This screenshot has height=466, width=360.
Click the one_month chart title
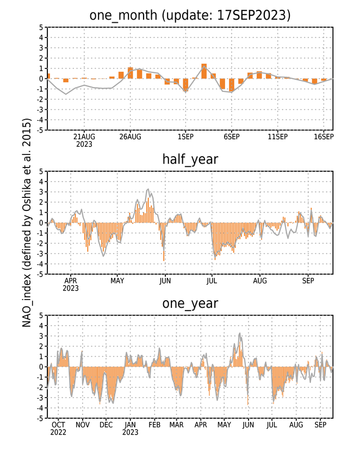(190, 15)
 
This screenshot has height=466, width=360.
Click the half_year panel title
(190, 159)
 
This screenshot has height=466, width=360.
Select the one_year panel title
(190, 303)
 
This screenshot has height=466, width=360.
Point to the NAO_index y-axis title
(27, 223)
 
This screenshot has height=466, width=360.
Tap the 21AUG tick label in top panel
(84, 136)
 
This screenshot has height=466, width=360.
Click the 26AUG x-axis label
(130, 136)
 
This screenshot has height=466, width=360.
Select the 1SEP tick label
(185, 136)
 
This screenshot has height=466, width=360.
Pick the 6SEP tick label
(232, 136)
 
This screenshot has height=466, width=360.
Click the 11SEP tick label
(278, 136)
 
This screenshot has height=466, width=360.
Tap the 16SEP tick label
(324, 136)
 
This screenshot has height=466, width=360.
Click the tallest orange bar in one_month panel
(204, 71)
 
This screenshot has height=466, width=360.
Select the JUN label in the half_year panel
(165, 281)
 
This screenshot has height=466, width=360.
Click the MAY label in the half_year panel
(117, 281)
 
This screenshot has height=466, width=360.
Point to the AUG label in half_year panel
(260, 281)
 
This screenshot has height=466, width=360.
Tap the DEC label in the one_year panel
(106, 425)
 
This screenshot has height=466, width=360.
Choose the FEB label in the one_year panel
(154, 425)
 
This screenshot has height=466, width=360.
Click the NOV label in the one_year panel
(82, 425)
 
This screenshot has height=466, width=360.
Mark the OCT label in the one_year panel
(58, 425)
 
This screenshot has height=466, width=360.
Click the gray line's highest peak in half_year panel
(148, 189)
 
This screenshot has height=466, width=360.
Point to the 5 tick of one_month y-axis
(41, 27)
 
